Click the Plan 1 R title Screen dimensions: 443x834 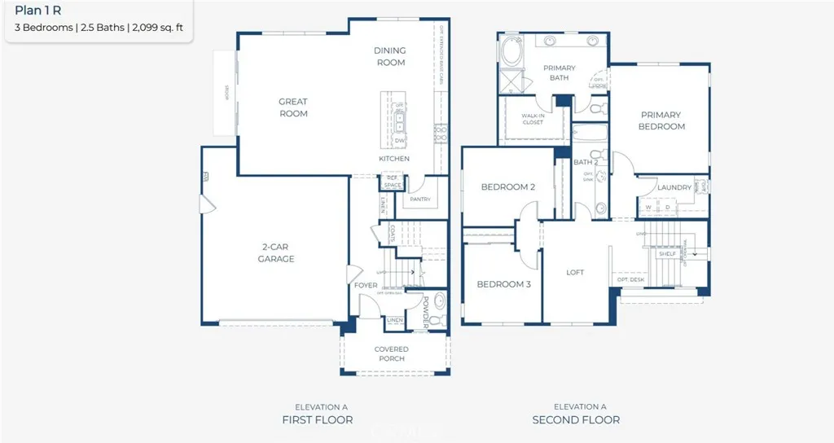tap(38, 11)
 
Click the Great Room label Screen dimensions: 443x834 tap(293, 107)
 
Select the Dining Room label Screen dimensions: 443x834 tap(390, 56)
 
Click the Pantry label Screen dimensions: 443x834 tap(420, 200)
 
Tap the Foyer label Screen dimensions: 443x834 tap(366, 286)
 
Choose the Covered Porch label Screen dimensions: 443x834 tap(392, 354)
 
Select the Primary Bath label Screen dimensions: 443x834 tap(560, 73)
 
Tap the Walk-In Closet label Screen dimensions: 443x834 tap(533, 119)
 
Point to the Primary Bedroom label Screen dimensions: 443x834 tap(661, 121)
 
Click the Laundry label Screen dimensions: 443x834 tap(674, 187)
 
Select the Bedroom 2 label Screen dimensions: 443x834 tap(507, 187)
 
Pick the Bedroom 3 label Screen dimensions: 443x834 tap(503, 284)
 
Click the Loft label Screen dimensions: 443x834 tap(576, 273)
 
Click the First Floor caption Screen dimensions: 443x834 tap(317, 419)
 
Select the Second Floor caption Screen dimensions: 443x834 tap(576, 419)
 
